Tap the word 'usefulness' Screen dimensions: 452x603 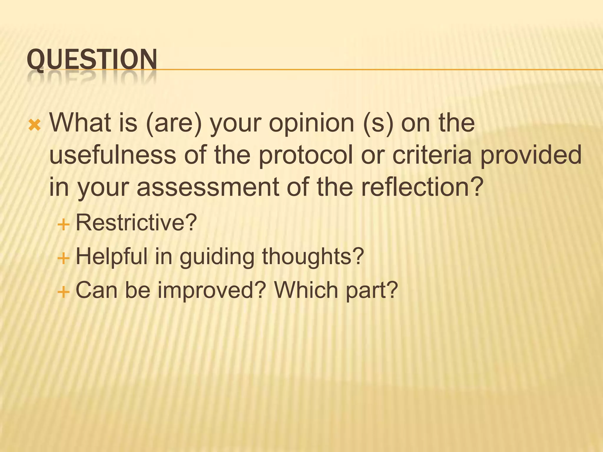[112, 155]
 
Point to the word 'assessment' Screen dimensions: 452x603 [208, 187]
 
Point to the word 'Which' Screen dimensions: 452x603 [306, 290]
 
